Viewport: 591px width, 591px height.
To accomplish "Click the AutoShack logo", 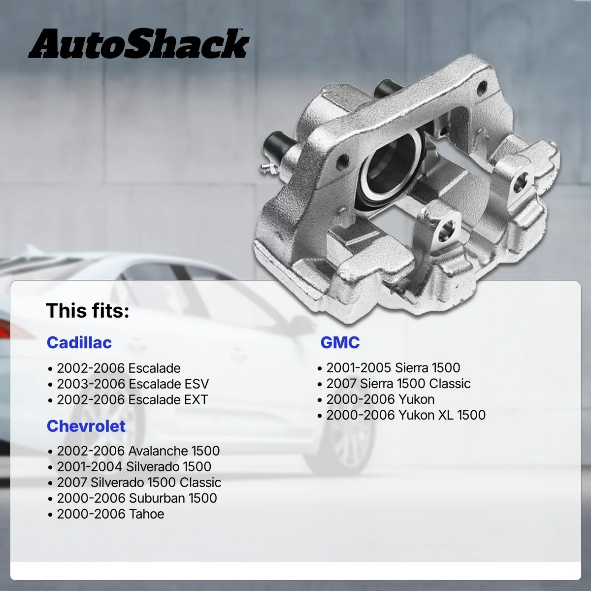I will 138,45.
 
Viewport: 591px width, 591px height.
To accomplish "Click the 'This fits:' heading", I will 88,311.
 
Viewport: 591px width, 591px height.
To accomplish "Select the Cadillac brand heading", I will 79,342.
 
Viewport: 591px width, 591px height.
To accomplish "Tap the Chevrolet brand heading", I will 86,426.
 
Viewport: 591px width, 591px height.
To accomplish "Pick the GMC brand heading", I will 340,342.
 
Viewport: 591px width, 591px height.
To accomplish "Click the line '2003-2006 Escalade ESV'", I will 133,384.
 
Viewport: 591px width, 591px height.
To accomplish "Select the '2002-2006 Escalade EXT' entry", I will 132,399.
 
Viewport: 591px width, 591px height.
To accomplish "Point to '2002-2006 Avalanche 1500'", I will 138,451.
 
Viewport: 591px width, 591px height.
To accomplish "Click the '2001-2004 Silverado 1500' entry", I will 134,466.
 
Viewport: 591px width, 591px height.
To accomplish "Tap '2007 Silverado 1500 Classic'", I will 139,482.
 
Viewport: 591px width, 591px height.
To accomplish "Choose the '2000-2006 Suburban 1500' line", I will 137,498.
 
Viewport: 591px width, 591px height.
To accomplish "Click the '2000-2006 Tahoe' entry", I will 111,514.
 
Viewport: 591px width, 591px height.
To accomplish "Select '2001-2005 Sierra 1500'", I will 393,367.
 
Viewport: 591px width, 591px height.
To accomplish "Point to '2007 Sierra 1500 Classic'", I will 398,383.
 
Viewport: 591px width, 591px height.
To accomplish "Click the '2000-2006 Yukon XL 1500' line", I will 406,415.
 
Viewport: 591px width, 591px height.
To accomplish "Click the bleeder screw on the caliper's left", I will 265,167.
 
